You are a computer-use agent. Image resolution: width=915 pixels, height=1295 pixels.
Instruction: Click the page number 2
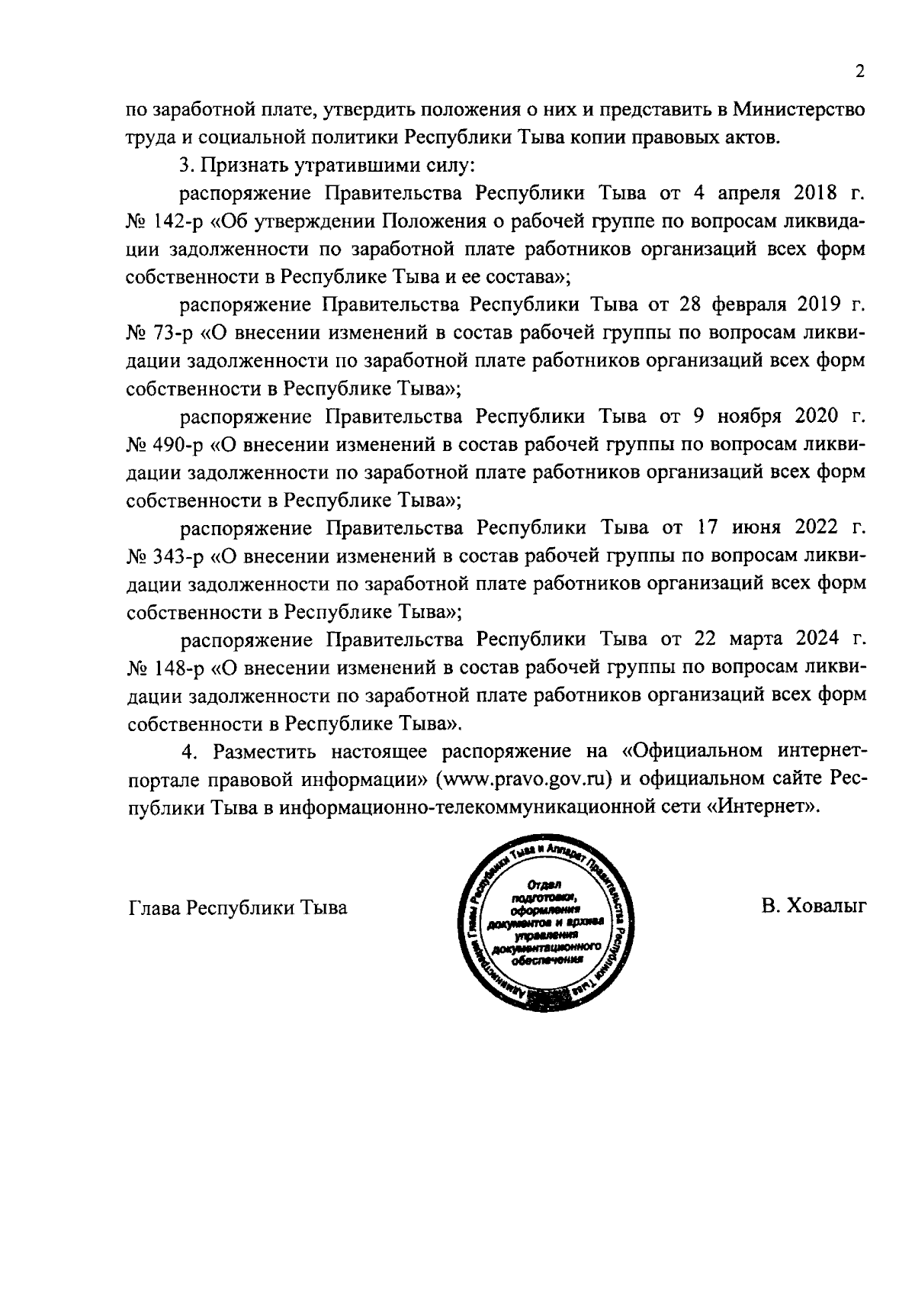click(x=859, y=72)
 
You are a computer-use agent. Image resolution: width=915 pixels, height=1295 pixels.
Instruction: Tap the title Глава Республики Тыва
click(x=238, y=908)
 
